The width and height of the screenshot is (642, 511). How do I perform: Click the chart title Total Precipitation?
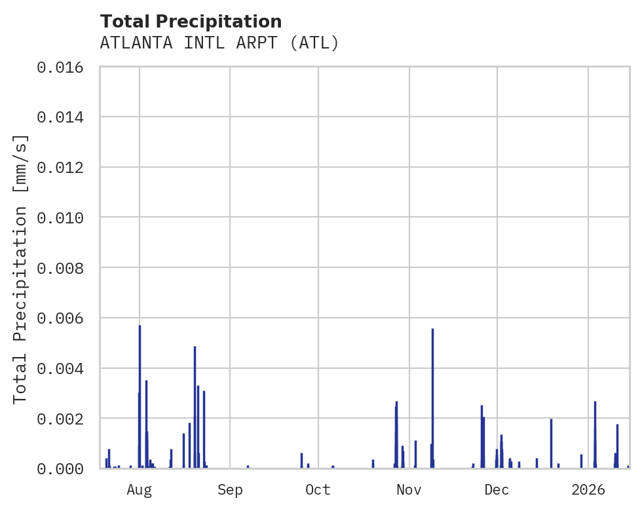tap(191, 22)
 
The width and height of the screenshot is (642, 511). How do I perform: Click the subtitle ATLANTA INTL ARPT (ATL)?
tap(219, 43)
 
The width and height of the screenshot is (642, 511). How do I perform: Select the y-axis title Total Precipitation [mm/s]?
tap(21, 268)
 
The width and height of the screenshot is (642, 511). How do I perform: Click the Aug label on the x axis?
tap(139, 489)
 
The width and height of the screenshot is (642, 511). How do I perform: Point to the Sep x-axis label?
tap(230, 489)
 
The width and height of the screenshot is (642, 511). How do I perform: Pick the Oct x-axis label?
tap(318, 489)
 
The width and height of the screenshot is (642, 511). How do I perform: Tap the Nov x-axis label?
tap(409, 489)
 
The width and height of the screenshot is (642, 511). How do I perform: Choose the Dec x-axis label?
tap(497, 489)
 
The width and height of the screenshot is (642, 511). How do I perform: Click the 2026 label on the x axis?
tap(588, 489)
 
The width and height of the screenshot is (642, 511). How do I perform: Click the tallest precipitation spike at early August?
tap(140, 393)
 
